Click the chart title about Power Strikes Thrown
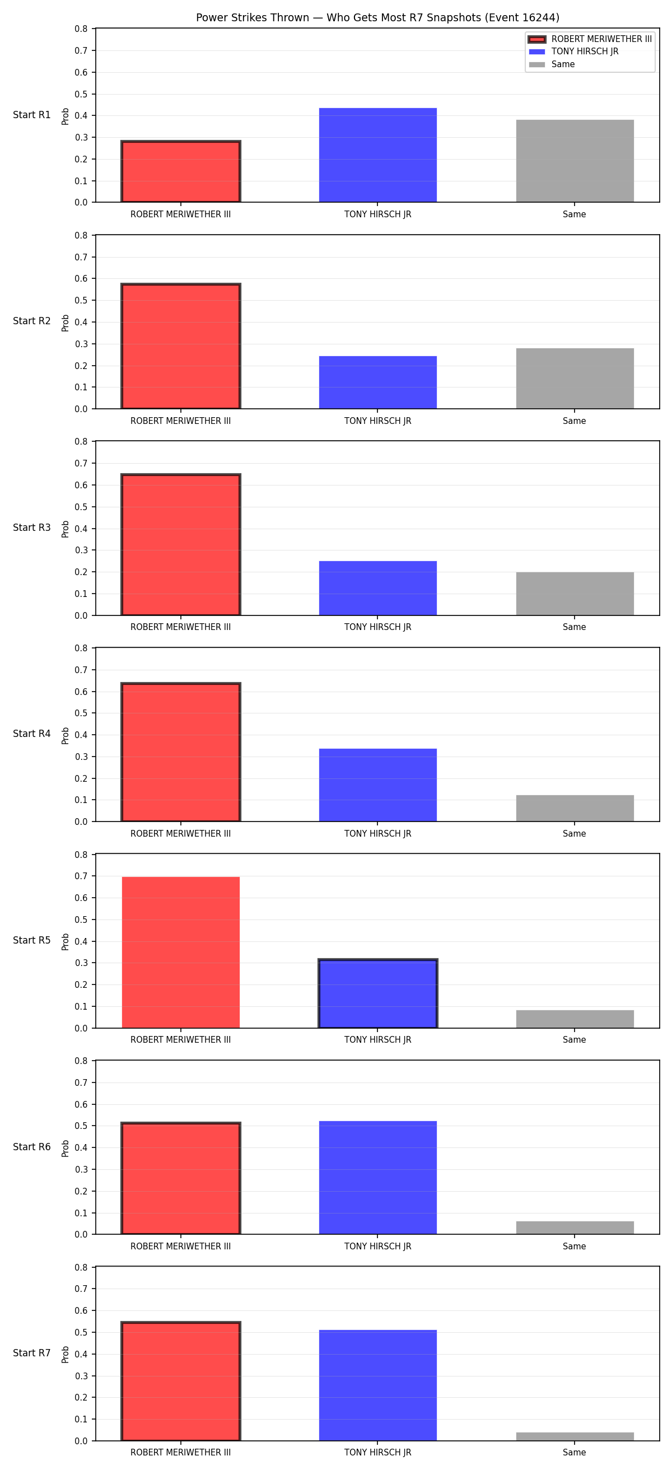pos(377,18)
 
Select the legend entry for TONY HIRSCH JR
pos(585,52)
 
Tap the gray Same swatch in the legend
pos(537,64)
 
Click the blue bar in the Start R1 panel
pos(377,155)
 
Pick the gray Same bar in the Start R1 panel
pos(575,161)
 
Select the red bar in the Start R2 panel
pos(181,346)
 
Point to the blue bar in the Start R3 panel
pos(377,588)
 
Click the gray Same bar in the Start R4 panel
pos(575,808)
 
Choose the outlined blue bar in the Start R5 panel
pos(377,993)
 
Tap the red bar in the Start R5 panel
pos(181,953)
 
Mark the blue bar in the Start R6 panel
pos(377,1178)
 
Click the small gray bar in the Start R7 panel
pos(575,1436)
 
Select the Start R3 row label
pos(32,528)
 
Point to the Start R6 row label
pos(32,1147)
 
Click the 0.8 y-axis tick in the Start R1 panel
pos(82,29)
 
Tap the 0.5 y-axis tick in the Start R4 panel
pos(82,713)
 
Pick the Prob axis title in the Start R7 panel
pos(66,1355)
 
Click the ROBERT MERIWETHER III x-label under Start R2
pos(181,421)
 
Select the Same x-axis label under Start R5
pos(575,1040)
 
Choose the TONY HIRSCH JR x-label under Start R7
pos(377,1453)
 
